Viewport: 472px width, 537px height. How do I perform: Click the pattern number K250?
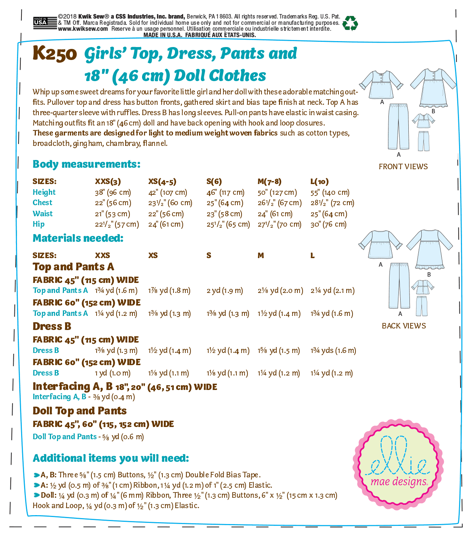pos(54,54)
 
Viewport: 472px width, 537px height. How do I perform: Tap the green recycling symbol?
pos(350,23)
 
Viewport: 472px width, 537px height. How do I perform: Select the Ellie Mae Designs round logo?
pos(398,466)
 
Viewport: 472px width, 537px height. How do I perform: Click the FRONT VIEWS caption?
pos(403,167)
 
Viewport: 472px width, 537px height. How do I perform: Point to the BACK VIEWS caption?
pos(404,326)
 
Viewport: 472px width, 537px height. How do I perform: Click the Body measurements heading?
pos(87,164)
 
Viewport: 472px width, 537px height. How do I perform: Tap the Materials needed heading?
pos(78,238)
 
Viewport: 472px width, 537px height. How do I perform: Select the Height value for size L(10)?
pos(330,193)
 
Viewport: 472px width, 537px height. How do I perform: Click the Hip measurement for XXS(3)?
pos(117,224)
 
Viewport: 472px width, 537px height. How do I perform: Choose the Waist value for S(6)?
pos(225,214)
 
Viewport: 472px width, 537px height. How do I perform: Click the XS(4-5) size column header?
pos(162,181)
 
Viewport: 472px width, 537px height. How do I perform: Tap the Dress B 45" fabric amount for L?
pos(333,350)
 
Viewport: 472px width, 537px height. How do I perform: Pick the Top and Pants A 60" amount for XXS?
pos(116,314)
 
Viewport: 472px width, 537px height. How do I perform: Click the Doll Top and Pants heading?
pos(80,411)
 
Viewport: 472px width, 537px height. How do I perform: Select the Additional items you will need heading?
pos(111,458)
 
